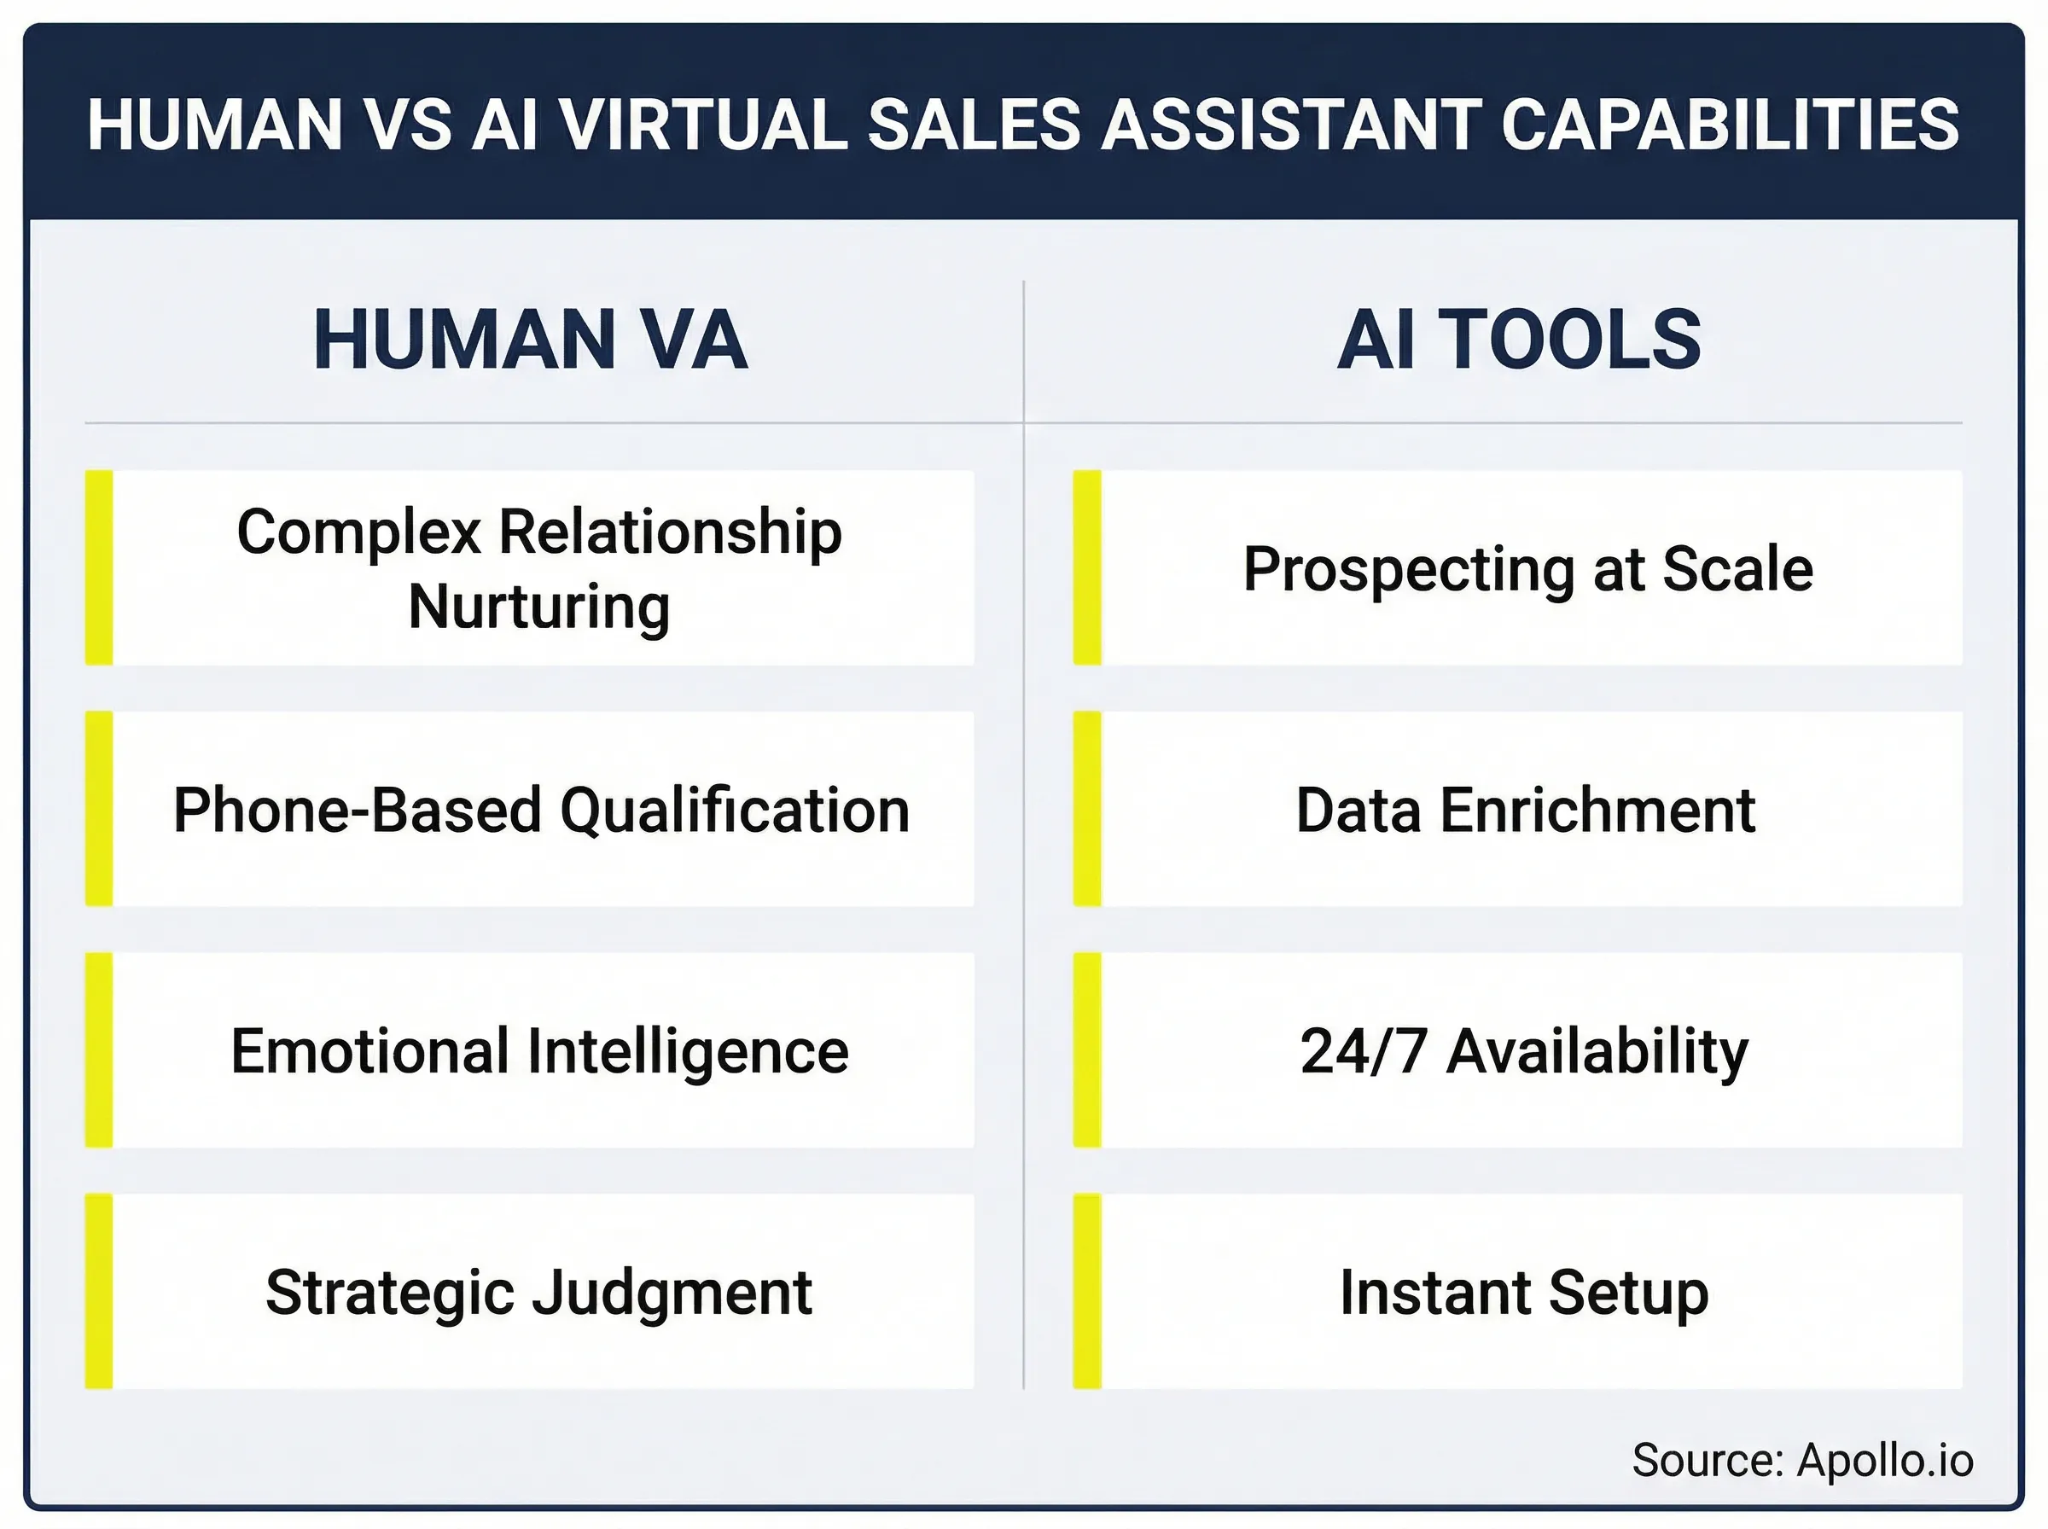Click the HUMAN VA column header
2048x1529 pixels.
(529, 340)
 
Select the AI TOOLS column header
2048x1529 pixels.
(1519, 340)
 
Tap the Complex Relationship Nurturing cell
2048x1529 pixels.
(540, 567)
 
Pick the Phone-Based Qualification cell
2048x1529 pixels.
(540, 809)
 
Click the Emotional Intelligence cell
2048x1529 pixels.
(540, 1050)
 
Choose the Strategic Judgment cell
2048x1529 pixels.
(540, 1291)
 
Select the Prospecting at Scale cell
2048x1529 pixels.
(1527, 567)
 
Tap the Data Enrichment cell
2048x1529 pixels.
(1525, 809)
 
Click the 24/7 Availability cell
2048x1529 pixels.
(1525, 1050)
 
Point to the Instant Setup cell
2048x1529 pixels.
(1524, 1291)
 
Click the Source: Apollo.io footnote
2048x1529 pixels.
(1803, 1460)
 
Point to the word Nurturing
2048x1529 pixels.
(538, 607)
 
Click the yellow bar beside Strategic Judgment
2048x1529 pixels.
(99, 1291)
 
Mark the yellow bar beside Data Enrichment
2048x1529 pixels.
(1086, 809)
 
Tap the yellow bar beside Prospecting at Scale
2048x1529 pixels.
(1086, 567)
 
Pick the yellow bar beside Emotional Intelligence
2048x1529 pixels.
(99, 1050)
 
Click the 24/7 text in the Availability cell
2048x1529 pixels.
(1362, 1050)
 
